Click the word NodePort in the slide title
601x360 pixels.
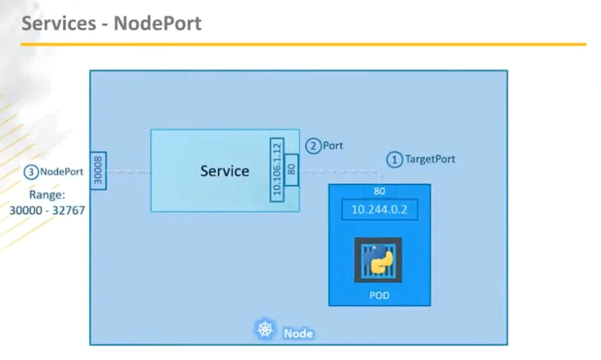(157, 24)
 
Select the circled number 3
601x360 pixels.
(31, 172)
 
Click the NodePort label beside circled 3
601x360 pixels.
(62, 172)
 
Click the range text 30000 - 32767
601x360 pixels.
(47, 210)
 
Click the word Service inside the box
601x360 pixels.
(224, 171)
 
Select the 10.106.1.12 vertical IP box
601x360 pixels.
(277, 170)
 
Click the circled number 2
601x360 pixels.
(313, 145)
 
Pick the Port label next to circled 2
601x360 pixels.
(333, 145)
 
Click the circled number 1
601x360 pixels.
(394, 160)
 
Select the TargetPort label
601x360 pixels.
(430, 160)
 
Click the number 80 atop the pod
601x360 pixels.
(379, 191)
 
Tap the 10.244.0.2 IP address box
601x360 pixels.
(379, 209)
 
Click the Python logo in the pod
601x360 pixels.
(379, 261)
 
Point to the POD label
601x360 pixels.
(379, 295)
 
